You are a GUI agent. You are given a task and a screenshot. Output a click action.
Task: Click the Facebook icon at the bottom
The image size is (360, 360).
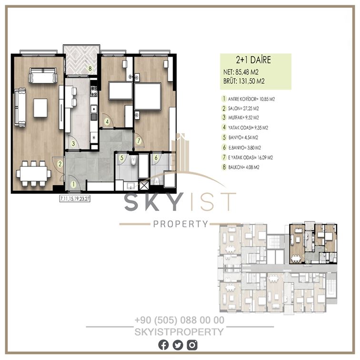[x=163, y=345]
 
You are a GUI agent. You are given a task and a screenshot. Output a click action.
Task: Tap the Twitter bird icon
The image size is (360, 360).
[x=178, y=345]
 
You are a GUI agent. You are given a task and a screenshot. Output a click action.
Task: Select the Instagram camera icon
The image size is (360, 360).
[x=192, y=345]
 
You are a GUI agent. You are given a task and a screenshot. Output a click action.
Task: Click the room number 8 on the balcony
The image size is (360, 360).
[x=90, y=69]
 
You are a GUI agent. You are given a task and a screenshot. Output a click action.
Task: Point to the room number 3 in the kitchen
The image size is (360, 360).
[x=73, y=144]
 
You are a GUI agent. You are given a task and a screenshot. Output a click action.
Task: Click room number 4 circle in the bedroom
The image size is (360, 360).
[x=107, y=121]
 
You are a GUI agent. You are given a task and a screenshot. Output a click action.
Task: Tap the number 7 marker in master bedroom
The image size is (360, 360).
[x=139, y=141]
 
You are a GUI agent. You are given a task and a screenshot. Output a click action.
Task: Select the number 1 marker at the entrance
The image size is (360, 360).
[x=73, y=184]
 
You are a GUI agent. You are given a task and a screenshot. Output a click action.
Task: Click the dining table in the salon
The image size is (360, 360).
[x=33, y=173]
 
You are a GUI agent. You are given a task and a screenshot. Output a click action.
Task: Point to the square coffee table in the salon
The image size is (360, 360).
[x=40, y=108]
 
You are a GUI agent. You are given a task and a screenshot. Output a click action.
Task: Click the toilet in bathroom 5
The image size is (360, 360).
[x=134, y=160]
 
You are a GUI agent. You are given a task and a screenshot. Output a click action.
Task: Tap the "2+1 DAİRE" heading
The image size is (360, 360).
[x=253, y=60]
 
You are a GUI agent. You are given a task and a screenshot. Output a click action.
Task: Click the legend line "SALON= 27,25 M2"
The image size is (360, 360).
[x=243, y=109]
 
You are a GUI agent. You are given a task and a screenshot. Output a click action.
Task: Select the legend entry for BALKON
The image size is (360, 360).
[x=240, y=167]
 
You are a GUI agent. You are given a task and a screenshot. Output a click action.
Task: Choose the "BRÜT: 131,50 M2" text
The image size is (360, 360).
[x=244, y=81]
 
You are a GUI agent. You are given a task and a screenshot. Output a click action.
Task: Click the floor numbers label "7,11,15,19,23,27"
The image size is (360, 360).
[x=75, y=199]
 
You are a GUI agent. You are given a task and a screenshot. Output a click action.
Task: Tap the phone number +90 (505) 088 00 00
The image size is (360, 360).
[x=180, y=320]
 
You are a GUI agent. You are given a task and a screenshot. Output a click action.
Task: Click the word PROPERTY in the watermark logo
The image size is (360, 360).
[x=180, y=224]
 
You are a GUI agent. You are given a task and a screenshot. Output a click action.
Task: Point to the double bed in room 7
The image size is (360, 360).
[x=148, y=96]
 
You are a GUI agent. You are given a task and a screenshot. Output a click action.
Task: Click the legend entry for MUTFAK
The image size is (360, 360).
[x=244, y=118]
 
